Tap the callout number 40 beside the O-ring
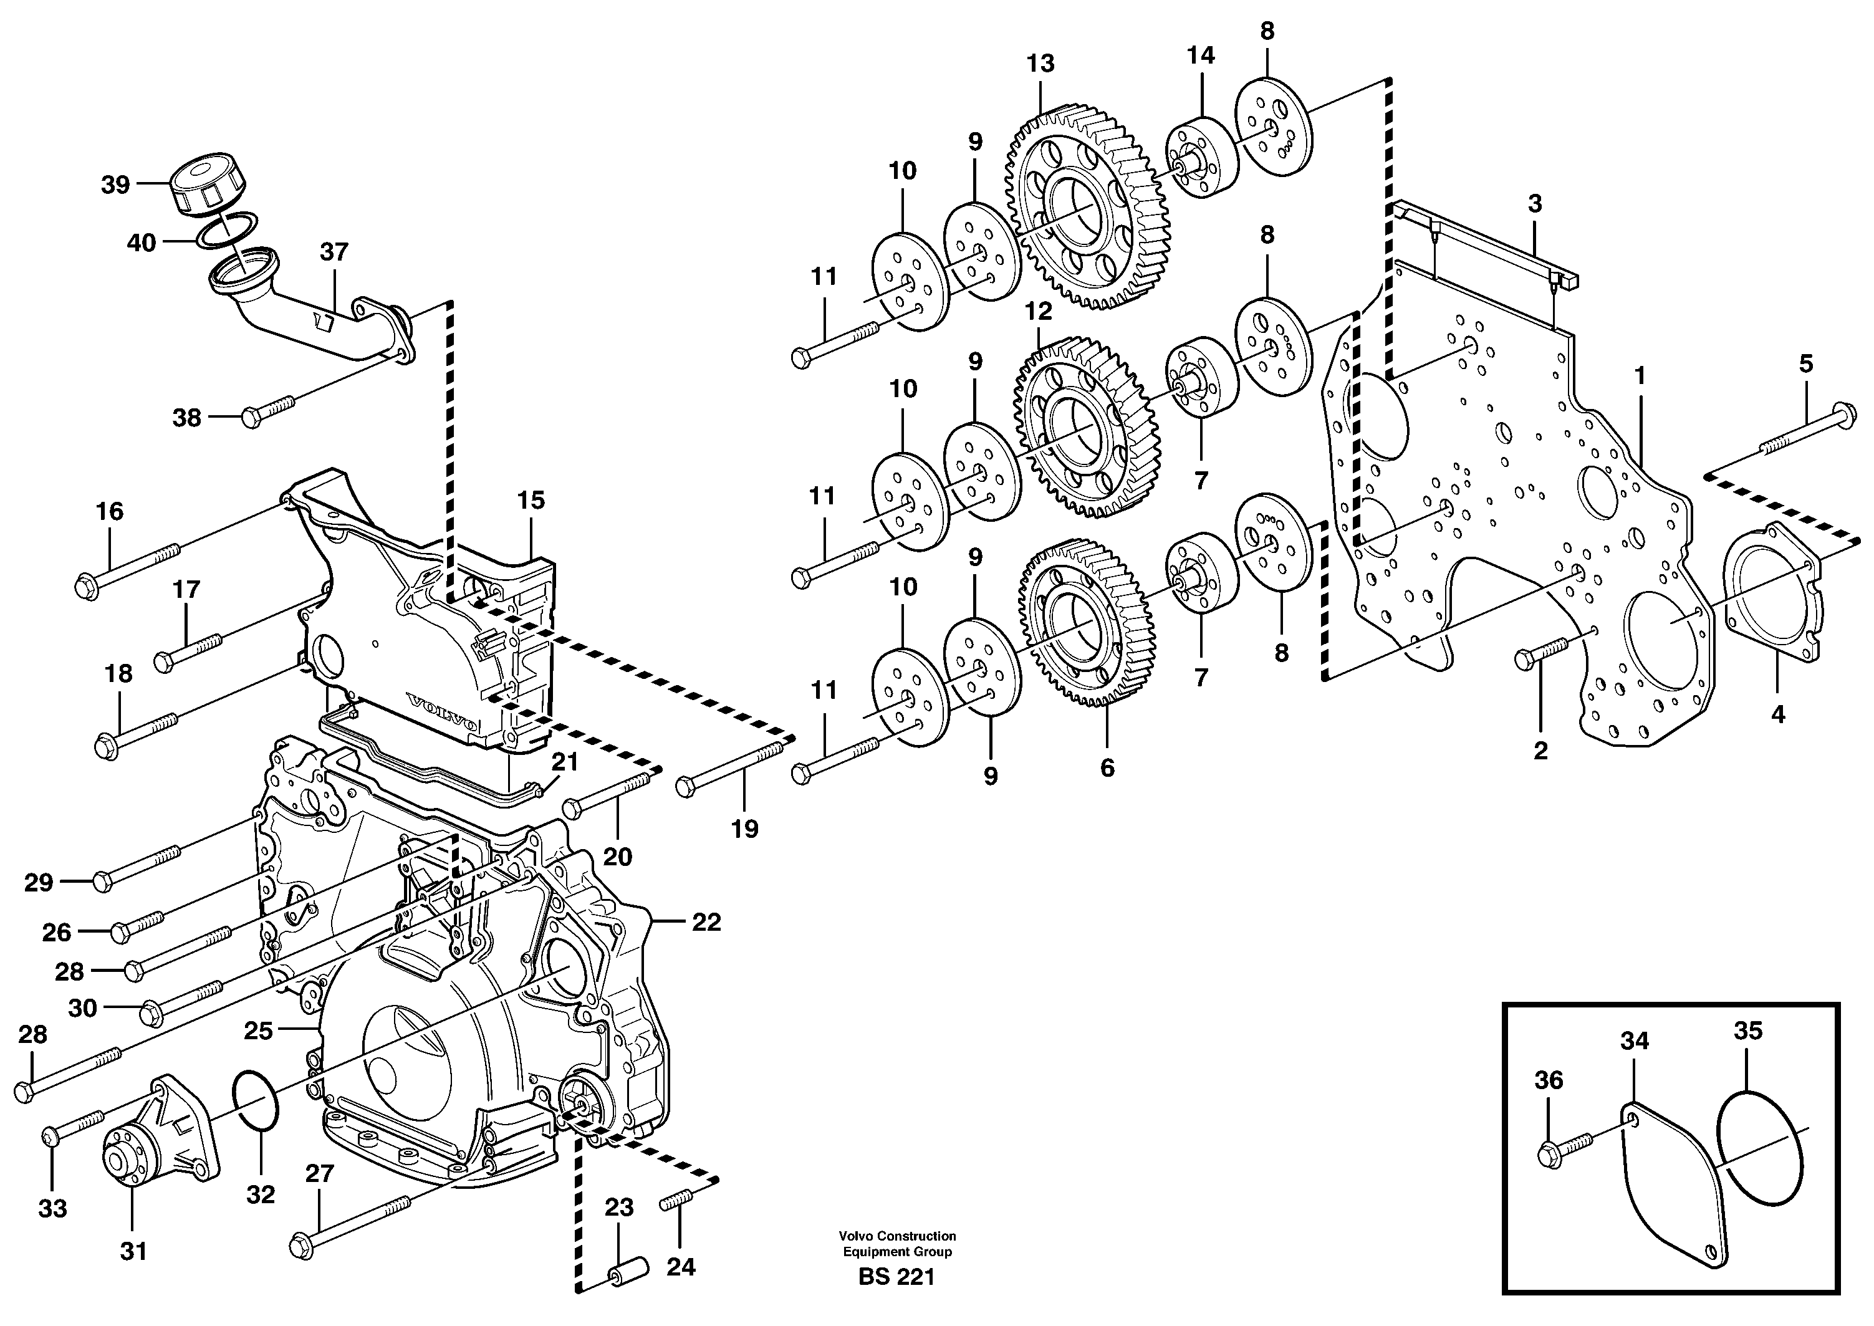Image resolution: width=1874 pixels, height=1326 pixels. point(142,243)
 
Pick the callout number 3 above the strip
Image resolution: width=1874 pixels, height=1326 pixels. point(1534,204)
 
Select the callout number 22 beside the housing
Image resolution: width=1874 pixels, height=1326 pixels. point(706,922)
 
